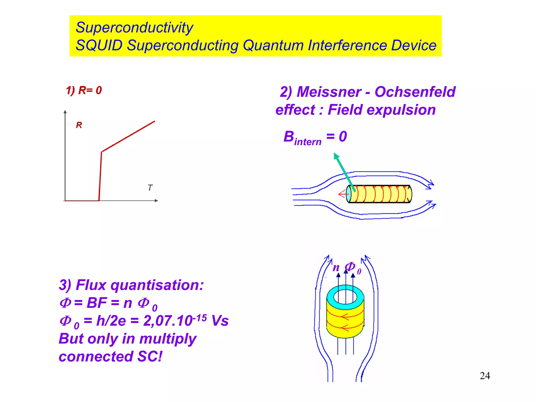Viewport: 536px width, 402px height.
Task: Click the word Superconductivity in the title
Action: pos(134,28)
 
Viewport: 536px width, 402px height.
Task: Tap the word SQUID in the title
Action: pos(99,45)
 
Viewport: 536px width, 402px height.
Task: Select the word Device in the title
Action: pos(414,45)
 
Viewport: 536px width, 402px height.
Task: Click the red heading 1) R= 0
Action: pos(84,90)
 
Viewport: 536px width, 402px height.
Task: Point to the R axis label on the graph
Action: pos(79,125)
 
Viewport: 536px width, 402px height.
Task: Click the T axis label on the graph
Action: pos(150,188)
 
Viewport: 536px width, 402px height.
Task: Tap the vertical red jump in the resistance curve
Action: pos(100,176)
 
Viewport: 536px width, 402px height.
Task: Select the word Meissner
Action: pos(329,92)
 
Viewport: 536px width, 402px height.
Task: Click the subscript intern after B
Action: pos(308,142)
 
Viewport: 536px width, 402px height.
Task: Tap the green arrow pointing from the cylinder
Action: pos(344,171)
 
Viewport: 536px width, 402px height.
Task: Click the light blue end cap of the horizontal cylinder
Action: pos(348,194)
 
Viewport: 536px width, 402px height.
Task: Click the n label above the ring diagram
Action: pos(336,267)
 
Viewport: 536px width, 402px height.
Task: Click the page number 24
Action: pos(485,376)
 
